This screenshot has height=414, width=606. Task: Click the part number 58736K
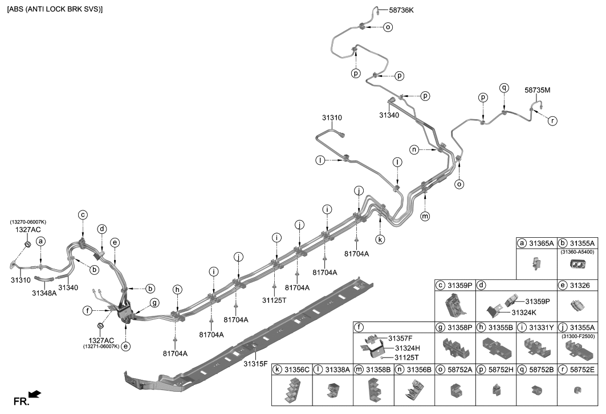(x=401, y=10)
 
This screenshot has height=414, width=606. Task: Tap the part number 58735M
(x=537, y=90)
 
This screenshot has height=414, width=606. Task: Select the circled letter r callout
(x=552, y=121)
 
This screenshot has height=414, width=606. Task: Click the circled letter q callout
(x=504, y=88)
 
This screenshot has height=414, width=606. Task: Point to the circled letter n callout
(x=415, y=149)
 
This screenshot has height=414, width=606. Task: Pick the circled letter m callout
(x=425, y=216)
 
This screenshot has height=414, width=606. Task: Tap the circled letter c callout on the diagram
(x=83, y=215)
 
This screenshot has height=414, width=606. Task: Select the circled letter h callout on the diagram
(x=177, y=290)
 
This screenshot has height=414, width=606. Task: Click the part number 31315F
(x=256, y=363)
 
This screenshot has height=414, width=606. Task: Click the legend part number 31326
(x=581, y=284)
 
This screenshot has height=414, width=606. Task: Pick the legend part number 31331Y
(x=541, y=327)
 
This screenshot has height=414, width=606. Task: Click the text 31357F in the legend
(x=401, y=338)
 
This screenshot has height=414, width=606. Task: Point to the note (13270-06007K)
(x=28, y=222)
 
